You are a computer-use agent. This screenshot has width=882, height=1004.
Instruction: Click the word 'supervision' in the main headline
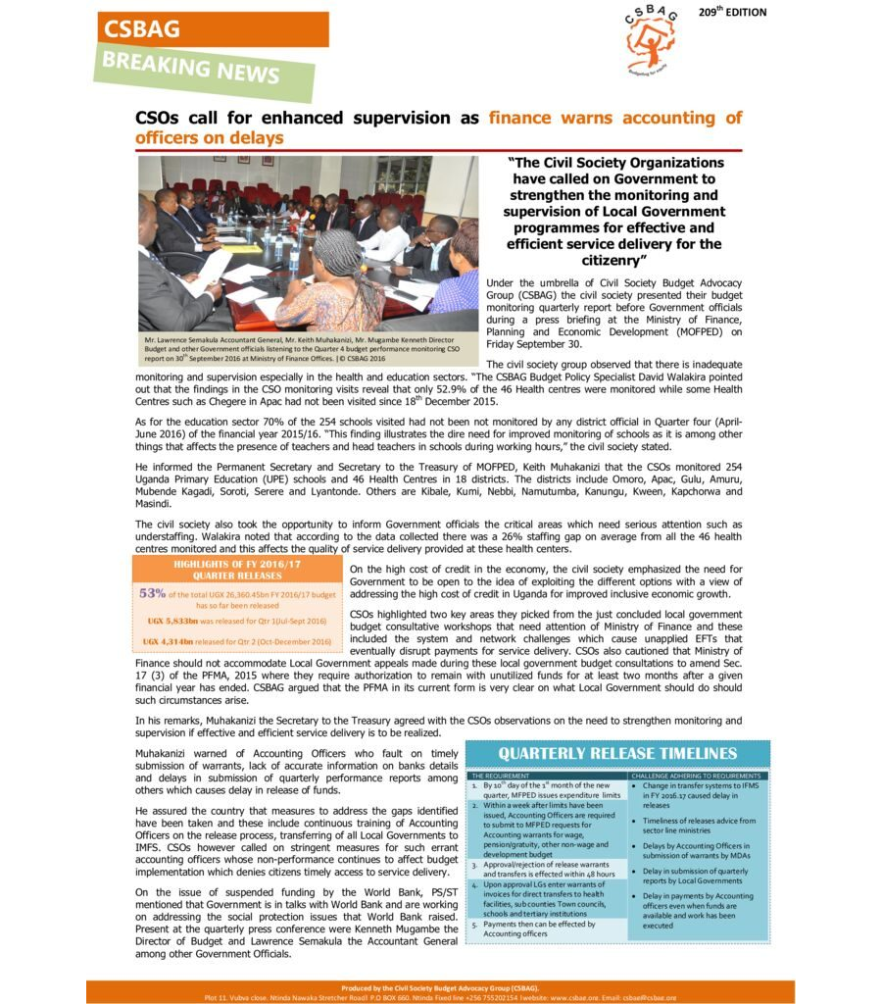[x=397, y=119]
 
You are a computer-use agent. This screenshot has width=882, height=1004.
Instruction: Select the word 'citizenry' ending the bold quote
[x=614, y=261]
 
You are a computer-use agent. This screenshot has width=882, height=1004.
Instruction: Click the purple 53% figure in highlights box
[x=152, y=593]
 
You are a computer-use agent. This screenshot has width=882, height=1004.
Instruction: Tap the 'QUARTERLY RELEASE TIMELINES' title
[x=617, y=753]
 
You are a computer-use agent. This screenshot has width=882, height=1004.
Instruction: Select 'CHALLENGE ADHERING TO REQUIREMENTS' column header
[x=696, y=776]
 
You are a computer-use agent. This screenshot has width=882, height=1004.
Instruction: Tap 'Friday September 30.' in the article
[x=534, y=344]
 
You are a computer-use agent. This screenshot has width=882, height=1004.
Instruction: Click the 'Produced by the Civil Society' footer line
[x=440, y=986]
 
